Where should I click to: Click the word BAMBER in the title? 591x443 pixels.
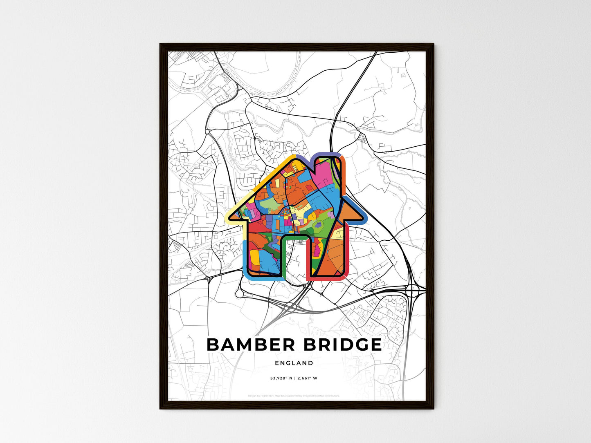(x=251, y=345)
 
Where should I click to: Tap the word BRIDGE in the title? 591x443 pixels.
(x=343, y=345)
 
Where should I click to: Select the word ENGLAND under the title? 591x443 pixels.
(x=294, y=363)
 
